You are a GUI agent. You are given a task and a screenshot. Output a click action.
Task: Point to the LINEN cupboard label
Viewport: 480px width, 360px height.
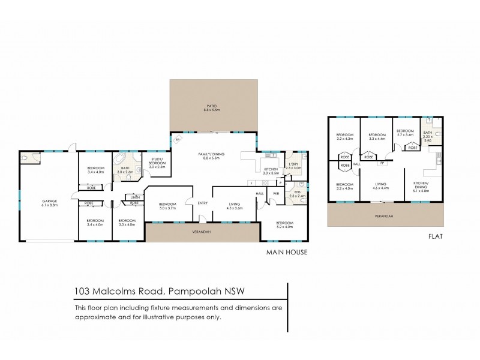[x=135, y=197]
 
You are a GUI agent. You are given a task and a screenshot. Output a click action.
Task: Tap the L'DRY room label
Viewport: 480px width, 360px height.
[x=293, y=164]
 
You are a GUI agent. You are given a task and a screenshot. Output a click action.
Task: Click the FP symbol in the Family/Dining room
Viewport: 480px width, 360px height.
[x=178, y=140]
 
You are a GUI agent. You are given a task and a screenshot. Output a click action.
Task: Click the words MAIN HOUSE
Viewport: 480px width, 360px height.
[x=287, y=253]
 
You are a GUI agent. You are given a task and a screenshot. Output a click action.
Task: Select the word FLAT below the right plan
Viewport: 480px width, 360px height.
[x=436, y=236]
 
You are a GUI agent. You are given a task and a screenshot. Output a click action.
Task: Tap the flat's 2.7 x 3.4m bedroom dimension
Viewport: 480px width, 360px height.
[x=405, y=136]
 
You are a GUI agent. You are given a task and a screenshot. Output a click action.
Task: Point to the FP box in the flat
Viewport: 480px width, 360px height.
[x=381, y=161]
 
